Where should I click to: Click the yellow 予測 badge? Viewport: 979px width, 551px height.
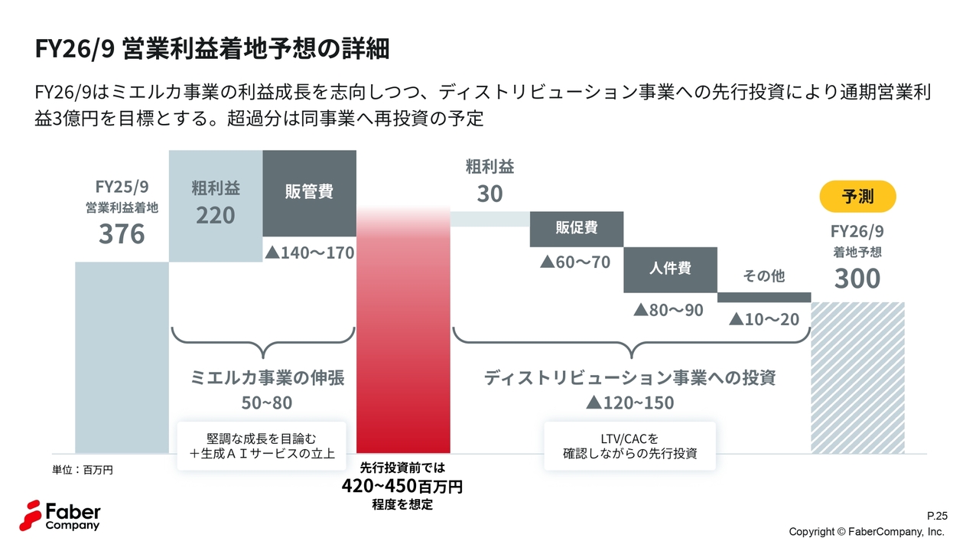857,197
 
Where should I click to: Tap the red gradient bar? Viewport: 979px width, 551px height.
403,337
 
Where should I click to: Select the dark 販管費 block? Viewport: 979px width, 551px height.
309,192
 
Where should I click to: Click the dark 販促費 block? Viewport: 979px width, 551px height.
577,229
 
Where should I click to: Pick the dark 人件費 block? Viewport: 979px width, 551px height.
670,269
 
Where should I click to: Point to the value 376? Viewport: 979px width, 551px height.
122,234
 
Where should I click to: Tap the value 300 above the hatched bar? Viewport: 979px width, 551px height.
857,279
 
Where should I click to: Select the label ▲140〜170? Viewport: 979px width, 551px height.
309,253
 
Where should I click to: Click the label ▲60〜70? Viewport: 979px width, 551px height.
575,262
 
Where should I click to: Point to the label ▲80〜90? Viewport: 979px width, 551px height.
668,311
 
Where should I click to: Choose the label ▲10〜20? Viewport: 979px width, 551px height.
764,319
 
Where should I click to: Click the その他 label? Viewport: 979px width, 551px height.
764,275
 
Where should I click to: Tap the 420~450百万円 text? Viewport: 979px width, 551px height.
402,487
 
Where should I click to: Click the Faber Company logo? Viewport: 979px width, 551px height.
60,515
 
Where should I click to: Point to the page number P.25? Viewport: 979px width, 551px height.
936,516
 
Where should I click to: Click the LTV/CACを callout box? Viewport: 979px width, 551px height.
629,446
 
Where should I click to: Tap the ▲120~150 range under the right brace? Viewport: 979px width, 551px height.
629,403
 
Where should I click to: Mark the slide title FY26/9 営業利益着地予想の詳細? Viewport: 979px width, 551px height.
213,48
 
